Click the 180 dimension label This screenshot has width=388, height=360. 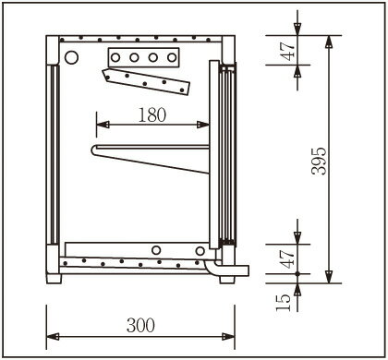152,115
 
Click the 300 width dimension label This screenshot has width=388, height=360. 140,325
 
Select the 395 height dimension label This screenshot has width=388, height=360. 319,162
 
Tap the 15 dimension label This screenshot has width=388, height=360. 284,303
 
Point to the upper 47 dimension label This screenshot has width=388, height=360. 287,51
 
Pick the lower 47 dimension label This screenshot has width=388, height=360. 287,258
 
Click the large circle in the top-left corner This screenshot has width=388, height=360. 71,57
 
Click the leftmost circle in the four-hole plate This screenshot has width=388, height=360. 115,57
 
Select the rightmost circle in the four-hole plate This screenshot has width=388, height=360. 172,57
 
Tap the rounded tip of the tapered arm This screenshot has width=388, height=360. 94,150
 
